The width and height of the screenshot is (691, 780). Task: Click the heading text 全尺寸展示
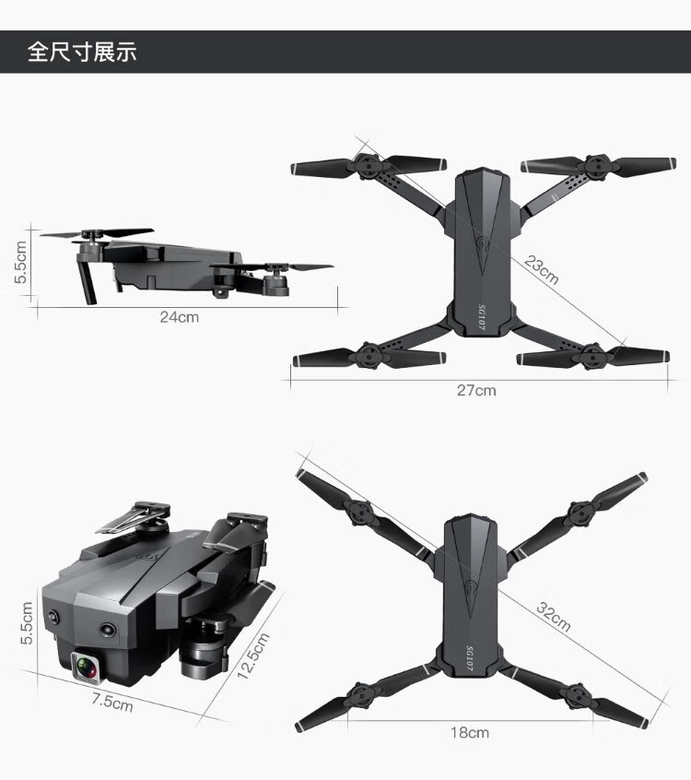coord(82,52)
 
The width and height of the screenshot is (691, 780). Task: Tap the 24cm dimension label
coord(180,317)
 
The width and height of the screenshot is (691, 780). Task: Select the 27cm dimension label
coord(476,391)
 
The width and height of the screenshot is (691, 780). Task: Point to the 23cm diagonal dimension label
coord(542,269)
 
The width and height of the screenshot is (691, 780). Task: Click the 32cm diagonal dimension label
coord(554,616)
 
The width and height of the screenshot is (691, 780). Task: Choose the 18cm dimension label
coord(470,732)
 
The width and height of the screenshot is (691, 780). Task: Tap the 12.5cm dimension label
coord(253,656)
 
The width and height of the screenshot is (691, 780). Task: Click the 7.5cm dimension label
coord(112,703)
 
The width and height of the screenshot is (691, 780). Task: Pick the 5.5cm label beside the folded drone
coord(27,623)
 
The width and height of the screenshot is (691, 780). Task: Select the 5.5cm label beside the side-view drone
coord(20,262)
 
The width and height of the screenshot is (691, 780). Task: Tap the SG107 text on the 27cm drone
coord(481,318)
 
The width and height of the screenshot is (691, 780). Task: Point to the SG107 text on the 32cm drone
coord(469,658)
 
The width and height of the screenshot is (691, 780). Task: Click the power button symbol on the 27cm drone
coord(482,243)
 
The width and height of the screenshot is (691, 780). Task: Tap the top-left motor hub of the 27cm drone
coord(367,166)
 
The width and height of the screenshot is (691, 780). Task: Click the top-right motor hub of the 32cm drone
coord(580,514)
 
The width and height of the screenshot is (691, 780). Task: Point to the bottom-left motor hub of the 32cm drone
coord(359,696)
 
